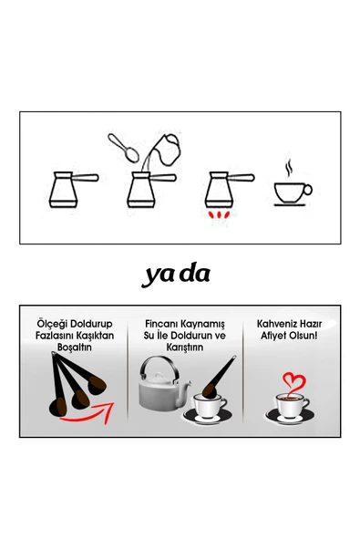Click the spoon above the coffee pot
tap(123, 148)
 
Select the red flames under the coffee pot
tap(218, 214)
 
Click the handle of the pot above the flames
tap(241, 178)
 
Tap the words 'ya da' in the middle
tap(176, 275)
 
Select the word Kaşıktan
tap(95, 336)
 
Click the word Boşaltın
tap(75, 347)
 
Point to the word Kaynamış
tap(203, 324)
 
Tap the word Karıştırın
tap(185, 347)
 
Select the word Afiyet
tap(273, 336)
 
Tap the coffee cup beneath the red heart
tap(291, 409)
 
